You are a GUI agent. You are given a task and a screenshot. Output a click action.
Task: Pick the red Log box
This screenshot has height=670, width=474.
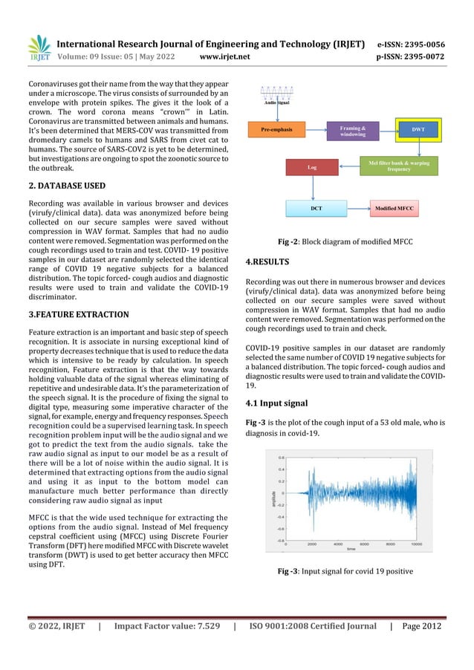[x=311, y=169]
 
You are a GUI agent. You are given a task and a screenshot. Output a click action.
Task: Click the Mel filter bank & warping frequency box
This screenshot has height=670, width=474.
[x=404, y=165]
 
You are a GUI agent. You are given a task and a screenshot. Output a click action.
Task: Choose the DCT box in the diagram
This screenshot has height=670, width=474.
[x=316, y=209]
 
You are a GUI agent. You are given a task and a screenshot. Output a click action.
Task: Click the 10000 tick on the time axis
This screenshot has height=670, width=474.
[x=417, y=544]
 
